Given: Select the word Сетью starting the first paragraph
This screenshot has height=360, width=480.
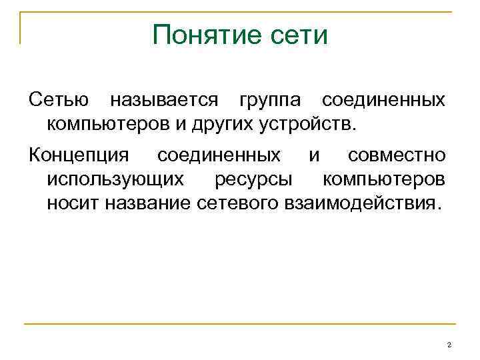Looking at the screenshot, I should (59, 101).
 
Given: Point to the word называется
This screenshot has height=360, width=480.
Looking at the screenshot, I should (163, 101).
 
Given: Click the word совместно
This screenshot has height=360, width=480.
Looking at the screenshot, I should (397, 156).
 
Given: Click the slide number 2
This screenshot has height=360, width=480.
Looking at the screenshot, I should (449, 344).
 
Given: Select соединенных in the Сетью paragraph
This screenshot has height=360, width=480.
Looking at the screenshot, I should (383, 101).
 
